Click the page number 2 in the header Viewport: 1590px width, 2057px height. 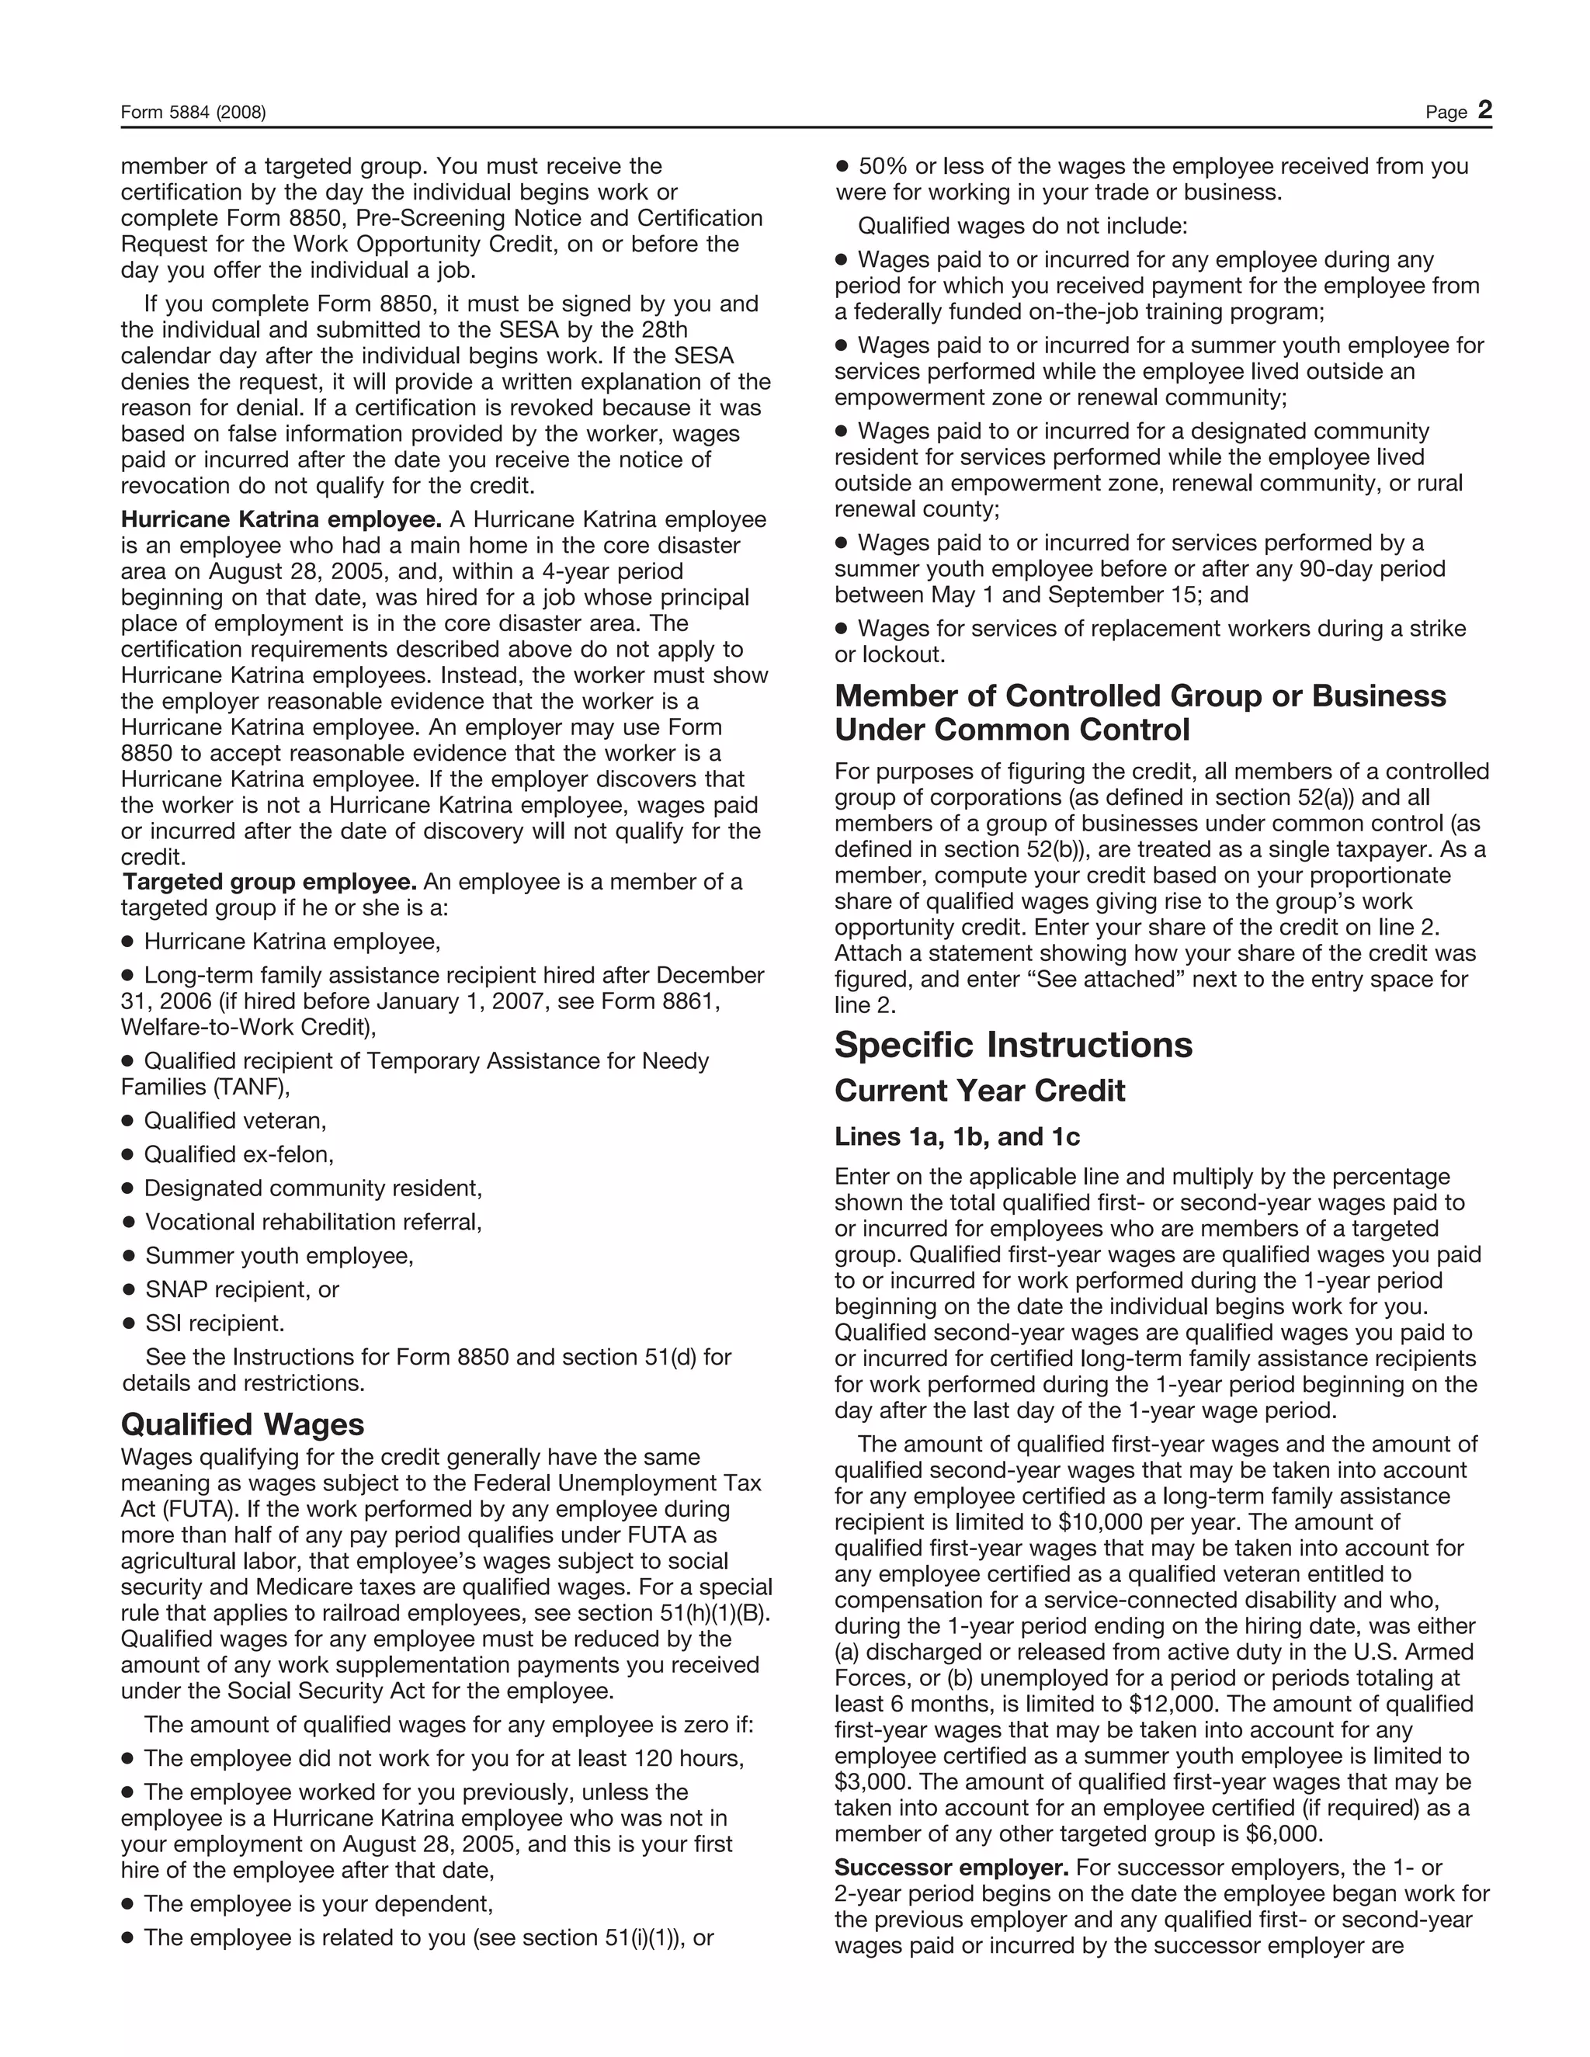click(1484, 110)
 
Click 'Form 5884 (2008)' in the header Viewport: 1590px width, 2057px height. click(193, 113)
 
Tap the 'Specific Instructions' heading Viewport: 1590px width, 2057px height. click(1012, 1045)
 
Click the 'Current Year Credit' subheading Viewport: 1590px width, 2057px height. click(979, 1091)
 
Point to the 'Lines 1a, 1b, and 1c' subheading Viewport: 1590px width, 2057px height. click(956, 1137)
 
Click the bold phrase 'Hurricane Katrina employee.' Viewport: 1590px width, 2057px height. click(281, 520)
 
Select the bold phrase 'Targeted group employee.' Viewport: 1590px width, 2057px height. click(269, 882)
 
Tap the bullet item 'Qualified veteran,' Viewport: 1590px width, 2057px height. click(234, 1121)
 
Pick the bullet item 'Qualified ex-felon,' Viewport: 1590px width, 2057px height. click(238, 1155)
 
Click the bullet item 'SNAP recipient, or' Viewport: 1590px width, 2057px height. click(241, 1289)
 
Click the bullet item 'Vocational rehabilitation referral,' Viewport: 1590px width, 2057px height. click(313, 1222)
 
